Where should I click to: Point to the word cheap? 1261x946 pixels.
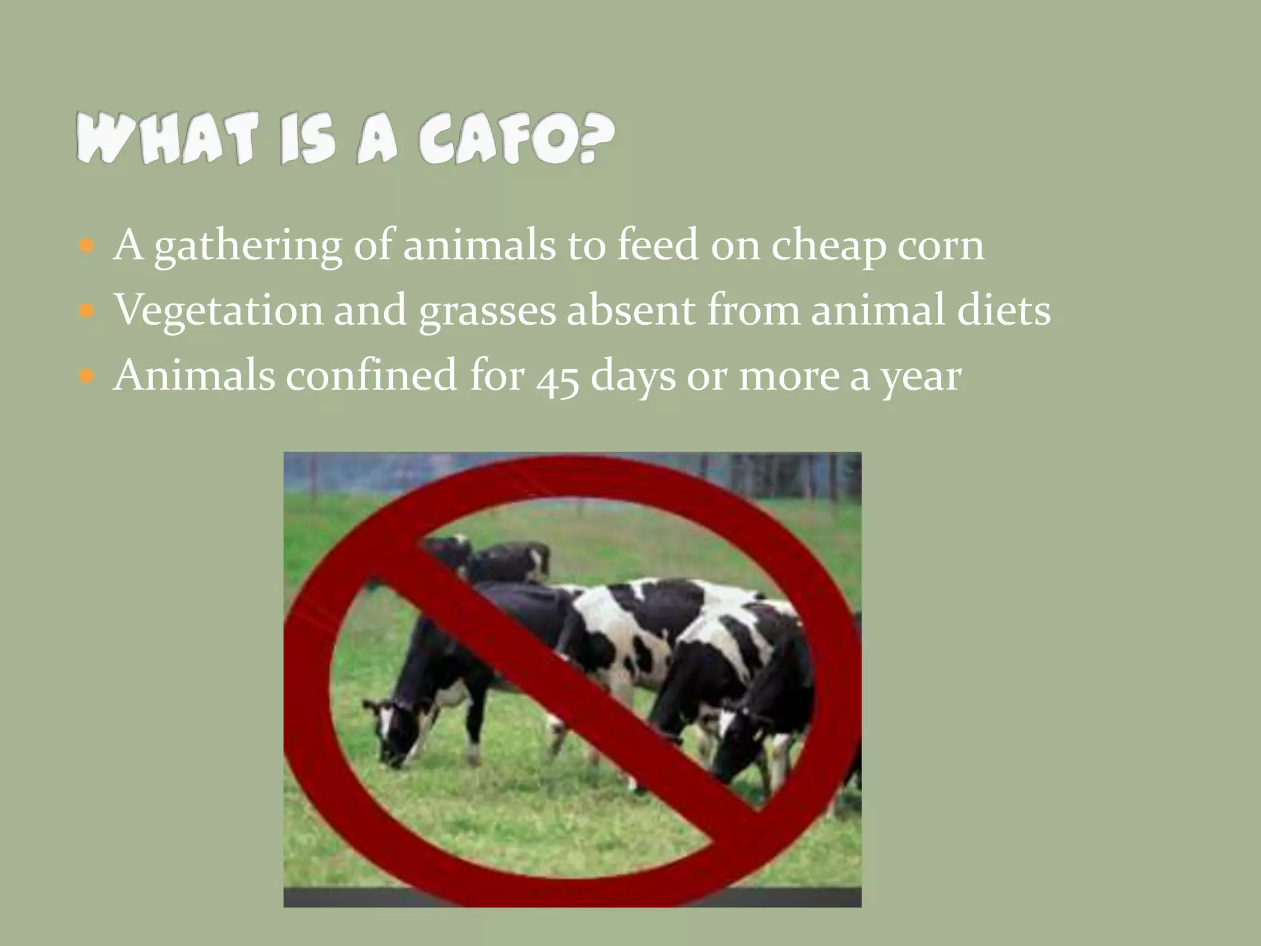point(828,247)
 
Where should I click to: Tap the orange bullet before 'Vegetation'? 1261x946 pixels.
point(87,310)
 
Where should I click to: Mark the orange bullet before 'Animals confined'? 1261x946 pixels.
point(87,375)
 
